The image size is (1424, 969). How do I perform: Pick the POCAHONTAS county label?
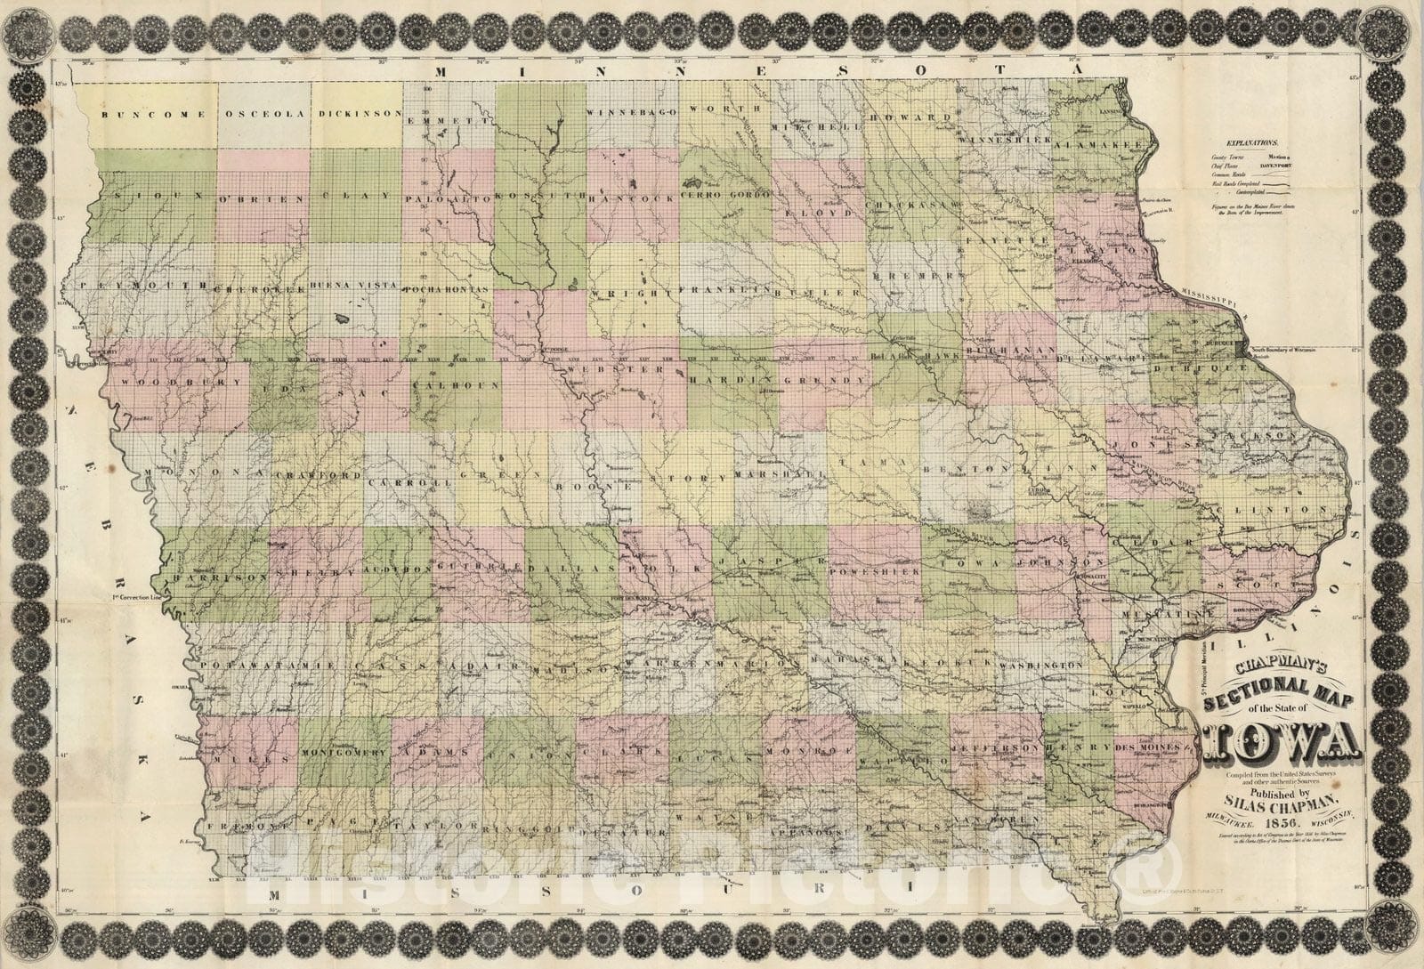pyautogui.click(x=447, y=291)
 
